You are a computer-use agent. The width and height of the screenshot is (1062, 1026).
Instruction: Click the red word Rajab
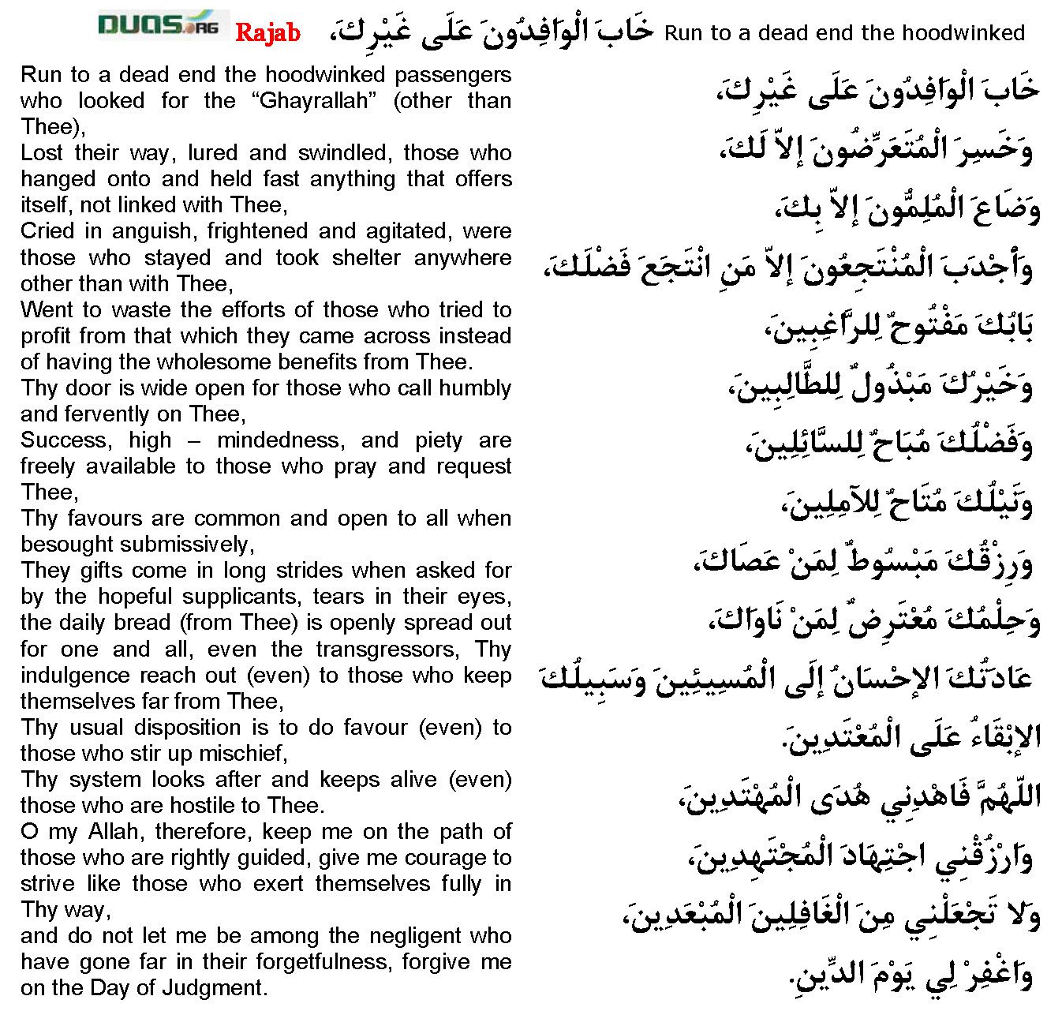coord(267,32)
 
